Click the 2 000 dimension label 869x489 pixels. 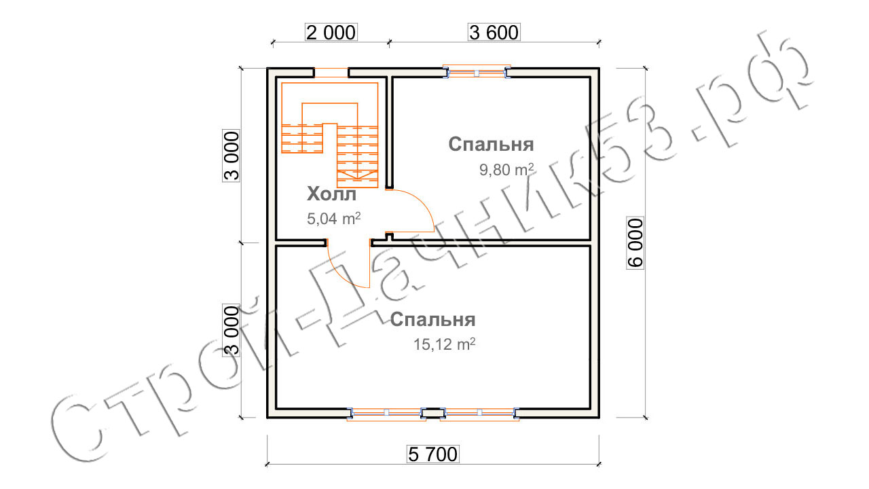(x=331, y=33)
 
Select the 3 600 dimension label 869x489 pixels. (x=494, y=33)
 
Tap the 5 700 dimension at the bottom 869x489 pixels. (x=433, y=454)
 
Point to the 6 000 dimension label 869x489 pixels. (x=635, y=242)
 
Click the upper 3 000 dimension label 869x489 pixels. (x=232, y=156)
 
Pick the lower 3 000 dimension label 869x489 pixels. (x=232, y=331)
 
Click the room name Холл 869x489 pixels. (x=331, y=194)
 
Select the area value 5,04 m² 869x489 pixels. (x=333, y=219)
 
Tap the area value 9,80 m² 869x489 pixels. (x=506, y=170)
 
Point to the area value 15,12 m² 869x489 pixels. (x=444, y=344)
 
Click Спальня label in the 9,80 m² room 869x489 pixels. (x=491, y=145)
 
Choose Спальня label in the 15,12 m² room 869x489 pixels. (x=432, y=320)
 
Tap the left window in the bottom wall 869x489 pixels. (x=386, y=413)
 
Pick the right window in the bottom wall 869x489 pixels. (x=479, y=413)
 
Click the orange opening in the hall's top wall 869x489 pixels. (x=331, y=73)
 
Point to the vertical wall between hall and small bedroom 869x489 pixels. (x=389, y=132)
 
